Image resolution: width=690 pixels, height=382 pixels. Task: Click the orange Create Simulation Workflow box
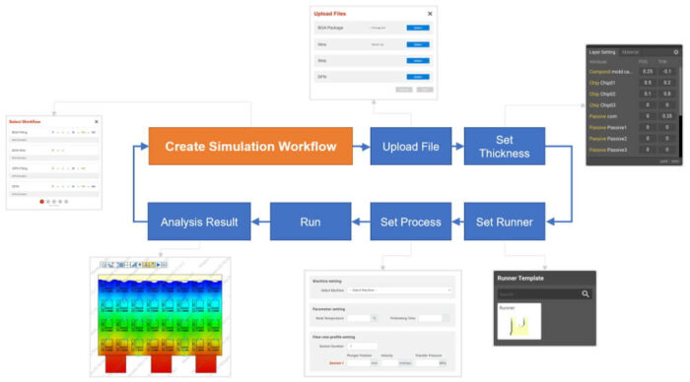click(x=250, y=147)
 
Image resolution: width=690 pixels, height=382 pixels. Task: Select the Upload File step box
click(x=410, y=147)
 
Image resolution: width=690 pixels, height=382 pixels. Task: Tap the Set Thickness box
click(x=504, y=147)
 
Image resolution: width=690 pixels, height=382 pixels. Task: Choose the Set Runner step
click(x=504, y=222)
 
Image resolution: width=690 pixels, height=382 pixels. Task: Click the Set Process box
click(x=410, y=222)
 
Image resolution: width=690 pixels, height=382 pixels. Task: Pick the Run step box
click(x=310, y=222)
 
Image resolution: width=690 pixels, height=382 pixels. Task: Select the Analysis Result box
click(x=199, y=222)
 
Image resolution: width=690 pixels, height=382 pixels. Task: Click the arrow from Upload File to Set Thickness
click(x=457, y=147)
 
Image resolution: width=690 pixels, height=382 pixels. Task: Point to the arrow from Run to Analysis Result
click(x=260, y=222)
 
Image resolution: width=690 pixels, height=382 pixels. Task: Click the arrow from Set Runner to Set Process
click(x=457, y=222)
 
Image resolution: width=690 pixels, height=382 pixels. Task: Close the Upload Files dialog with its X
click(x=429, y=14)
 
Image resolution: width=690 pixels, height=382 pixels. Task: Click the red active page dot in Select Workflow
click(x=41, y=201)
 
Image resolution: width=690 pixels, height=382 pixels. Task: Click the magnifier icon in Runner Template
click(x=586, y=293)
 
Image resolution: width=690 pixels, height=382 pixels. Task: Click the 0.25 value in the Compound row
click(x=647, y=71)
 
